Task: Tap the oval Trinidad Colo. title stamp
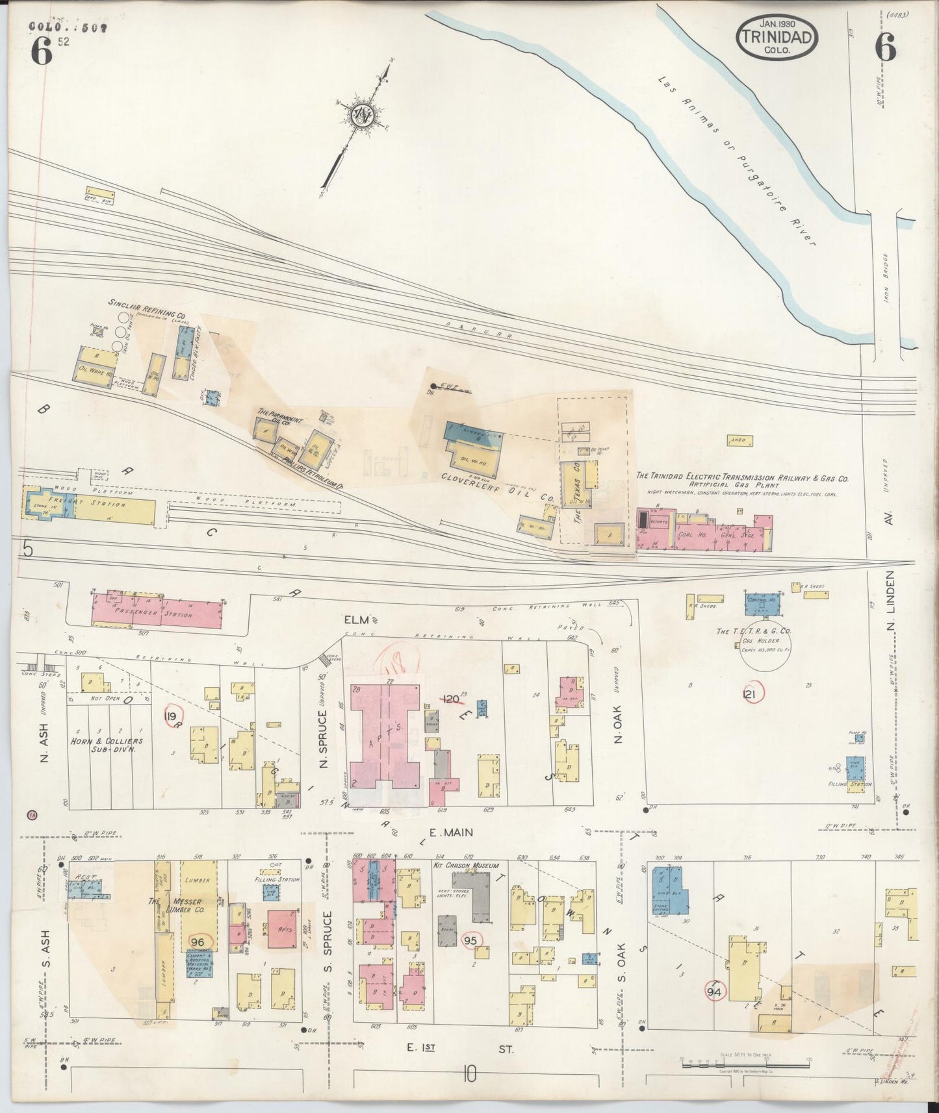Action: [x=777, y=38]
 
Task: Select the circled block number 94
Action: [x=715, y=991]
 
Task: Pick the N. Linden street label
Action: [x=892, y=604]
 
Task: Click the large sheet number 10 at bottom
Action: [x=469, y=1075]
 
